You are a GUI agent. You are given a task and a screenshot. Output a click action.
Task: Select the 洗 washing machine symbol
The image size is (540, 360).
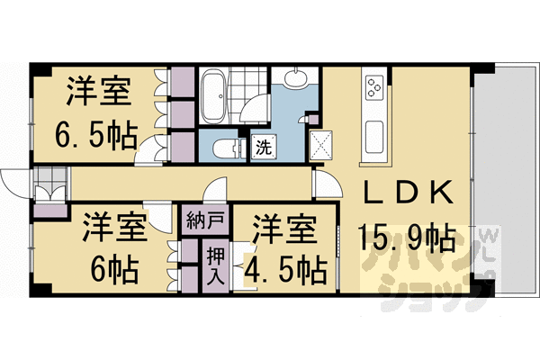pyautogui.click(x=264, y=145)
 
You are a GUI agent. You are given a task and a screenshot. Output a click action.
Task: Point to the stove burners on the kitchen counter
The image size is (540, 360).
pyautogui.click(x=374, y=89)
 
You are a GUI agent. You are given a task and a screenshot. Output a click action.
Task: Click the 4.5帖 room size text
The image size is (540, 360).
pyautogui.click(x=288, y=268)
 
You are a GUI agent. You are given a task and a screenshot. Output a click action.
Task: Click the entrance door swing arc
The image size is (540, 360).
pyautogui.click(x=15, y=184)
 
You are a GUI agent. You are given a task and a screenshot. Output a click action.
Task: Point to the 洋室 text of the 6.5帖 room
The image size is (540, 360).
pyautogui.click(x=99, y=93)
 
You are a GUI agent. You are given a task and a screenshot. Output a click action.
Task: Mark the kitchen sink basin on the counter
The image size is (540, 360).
pyautogui.click(x=375, y=138)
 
